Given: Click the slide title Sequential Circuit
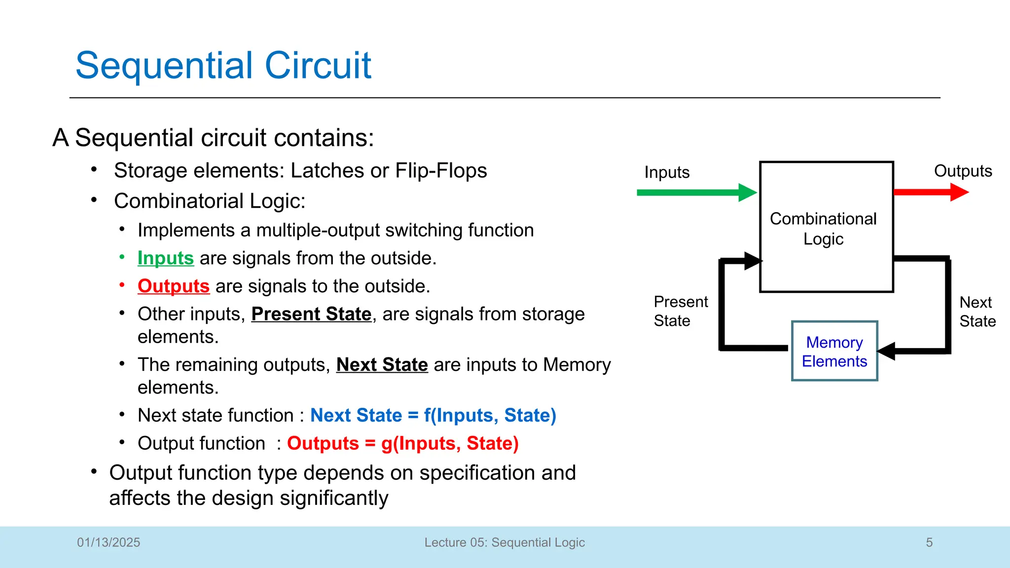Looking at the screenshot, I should (x=223, y=65).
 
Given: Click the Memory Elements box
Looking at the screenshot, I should (x=834, y=351).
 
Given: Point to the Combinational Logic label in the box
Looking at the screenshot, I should (x=823, y=228).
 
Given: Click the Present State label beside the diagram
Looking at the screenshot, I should (x=680, y=311).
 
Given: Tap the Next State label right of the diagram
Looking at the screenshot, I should (x=977, y=311).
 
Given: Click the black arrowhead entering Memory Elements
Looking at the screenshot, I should (x=887, y=351).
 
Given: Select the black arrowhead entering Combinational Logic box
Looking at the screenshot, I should (x=753, y=260).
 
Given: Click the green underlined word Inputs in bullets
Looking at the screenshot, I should (x=166, y=258).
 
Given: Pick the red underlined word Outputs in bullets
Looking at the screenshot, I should (x=174, y=286).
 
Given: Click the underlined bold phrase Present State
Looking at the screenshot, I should (x=311, y=314).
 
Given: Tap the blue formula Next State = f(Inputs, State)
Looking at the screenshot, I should (x=433, y=415).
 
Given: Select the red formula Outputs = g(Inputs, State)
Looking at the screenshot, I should (x=402, y=443).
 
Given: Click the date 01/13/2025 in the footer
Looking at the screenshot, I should (x=108, y=542).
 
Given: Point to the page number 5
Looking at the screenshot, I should (x=929, y=542).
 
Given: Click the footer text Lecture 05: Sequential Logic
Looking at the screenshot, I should (x=505, y=542).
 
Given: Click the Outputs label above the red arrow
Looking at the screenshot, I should (x=963, y=171).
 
